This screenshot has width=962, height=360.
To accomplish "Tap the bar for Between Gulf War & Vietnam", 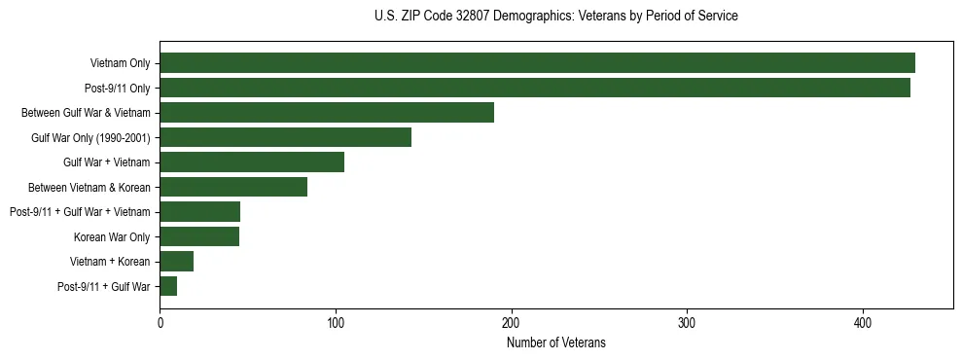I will tap(327, 112).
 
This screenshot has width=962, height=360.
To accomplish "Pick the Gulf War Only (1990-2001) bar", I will tap(286, 137).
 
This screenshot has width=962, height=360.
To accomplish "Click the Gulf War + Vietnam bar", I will tap(252, 162).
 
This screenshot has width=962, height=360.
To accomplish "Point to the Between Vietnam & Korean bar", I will tap(233, 187).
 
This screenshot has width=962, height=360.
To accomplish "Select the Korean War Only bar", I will tap(199, 236).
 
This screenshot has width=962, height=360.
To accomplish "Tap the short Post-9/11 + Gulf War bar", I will tap(168, 286).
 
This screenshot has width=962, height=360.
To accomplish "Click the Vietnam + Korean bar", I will tap(177, 261).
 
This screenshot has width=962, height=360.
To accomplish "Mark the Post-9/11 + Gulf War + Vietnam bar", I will tap(199, 211).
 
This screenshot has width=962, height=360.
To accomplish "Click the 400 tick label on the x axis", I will tap(863, 323).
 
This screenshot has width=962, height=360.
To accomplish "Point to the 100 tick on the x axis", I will tap(336, 323).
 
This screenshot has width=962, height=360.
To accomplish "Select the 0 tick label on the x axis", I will tap(160, 323).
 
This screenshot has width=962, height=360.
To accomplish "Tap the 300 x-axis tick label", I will tap(687, 323).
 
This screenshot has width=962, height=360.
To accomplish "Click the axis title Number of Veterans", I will tap(556, 342).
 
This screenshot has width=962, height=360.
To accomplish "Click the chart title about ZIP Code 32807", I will tap(555, 17).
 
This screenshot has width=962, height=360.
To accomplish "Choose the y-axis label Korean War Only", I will tap(112, 236).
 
